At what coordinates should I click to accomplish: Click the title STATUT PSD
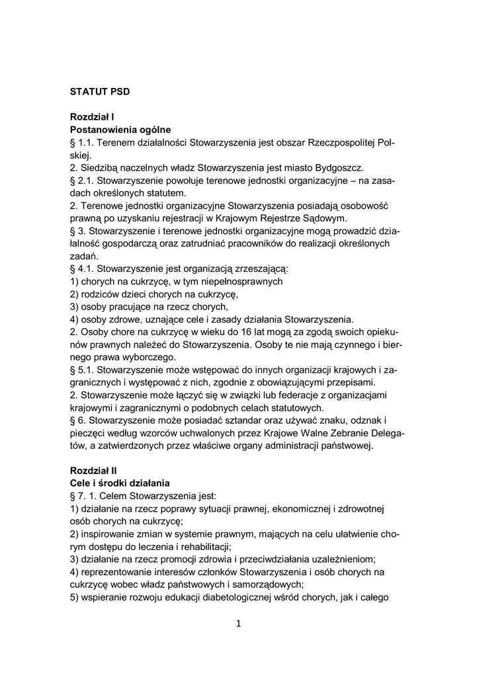(100, 92)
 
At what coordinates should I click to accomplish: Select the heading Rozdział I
(93, 117)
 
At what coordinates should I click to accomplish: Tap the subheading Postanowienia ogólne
(120, 130)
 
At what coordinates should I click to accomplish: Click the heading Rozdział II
(94, 471)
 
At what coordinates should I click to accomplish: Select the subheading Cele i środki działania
(120, 483)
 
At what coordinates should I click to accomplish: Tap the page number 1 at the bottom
(238, 623)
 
